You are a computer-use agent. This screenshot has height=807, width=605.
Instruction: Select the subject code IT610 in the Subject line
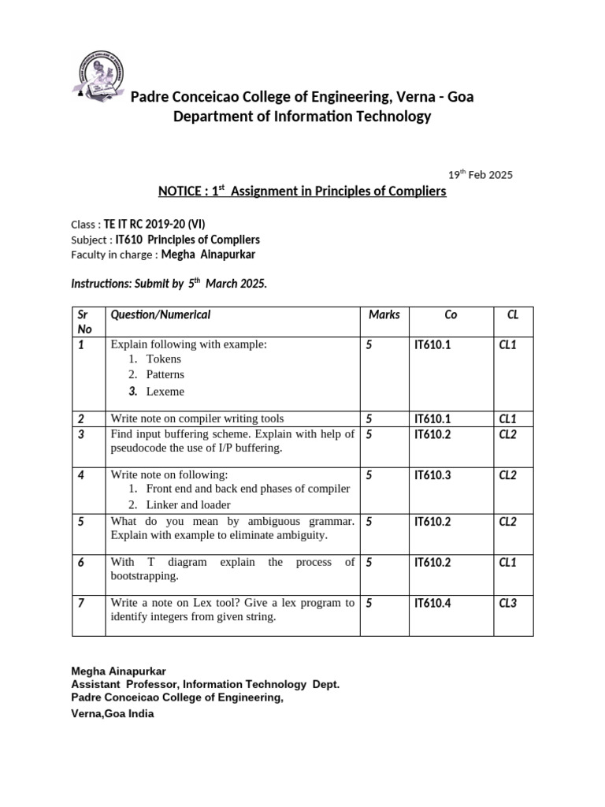tap(130, 240)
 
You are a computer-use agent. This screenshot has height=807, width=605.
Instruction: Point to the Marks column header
tap(384, 314)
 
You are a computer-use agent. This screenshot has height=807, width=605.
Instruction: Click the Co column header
tap(451, 314)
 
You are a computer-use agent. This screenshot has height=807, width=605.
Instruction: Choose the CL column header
tap(513, 314)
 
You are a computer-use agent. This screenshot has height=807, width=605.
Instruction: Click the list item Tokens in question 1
tap(164, 359)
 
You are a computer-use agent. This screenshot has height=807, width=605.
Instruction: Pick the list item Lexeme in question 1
tap(165, 392)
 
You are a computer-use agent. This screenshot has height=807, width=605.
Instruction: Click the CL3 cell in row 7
tap(507, 603)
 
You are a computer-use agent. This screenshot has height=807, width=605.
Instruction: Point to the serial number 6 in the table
tap(80, 562)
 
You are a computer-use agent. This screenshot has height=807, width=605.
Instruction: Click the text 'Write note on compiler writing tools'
tap(197, 418)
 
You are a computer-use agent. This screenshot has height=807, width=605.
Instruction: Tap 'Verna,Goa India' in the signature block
tap(113, 713)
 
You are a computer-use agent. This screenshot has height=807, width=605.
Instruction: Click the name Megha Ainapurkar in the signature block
tap(119, 671)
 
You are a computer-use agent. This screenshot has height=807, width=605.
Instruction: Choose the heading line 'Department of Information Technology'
tap(302, 117)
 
